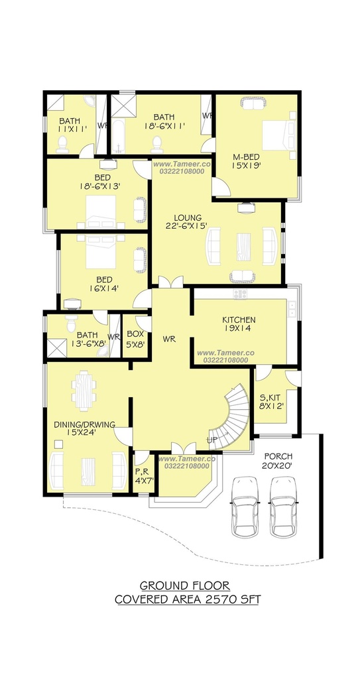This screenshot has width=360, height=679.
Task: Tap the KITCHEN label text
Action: pos(239,320)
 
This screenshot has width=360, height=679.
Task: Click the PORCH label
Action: pos(278,456)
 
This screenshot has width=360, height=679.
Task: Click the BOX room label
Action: pos(135,334)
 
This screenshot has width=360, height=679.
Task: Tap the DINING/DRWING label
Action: pos(84,425)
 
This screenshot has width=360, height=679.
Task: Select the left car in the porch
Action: pos(245,507)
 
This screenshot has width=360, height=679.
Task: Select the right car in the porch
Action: pos(284,507)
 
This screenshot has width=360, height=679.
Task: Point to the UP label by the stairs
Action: pos(212,440)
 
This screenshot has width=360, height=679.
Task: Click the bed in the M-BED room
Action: pos(278,135)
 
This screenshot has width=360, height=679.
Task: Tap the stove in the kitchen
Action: pos(240,294)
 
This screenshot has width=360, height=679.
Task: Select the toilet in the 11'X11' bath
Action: pos(62,144)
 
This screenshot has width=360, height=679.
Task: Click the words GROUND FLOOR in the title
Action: pos(185,586)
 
